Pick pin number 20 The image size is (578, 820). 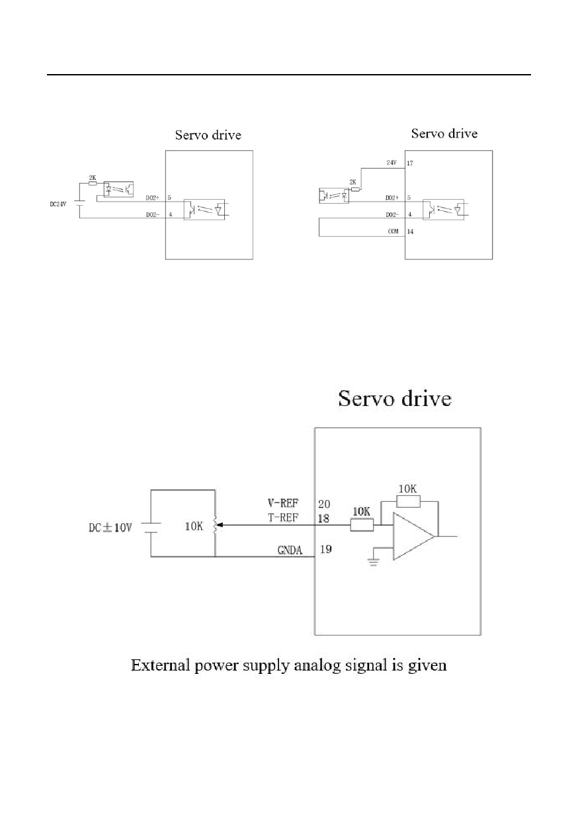[x=325, y=504]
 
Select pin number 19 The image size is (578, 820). [x=326, y=549]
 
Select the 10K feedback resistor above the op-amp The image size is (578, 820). [x=408, y=500]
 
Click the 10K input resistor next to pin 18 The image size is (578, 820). [x=362, y=525]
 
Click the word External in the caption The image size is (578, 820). [x=159, y=665]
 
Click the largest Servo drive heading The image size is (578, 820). [x=395, y=399]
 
